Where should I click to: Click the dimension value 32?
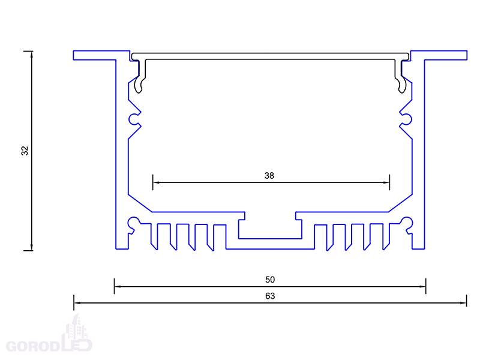(x=25, y=151)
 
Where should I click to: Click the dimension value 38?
(x=269, y=175)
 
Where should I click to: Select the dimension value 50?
(x=269, y=280)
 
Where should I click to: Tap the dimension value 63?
(x=269, y=296)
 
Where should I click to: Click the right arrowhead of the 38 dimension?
(x=386, y=183)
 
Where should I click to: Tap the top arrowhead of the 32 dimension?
(x=32, y=55)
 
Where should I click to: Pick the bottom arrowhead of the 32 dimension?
(x=32, y=247)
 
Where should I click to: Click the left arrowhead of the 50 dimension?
(x=118, y=287)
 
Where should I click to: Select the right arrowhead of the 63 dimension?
(x=463, y=303)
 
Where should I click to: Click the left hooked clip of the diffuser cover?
(x=140, y=76)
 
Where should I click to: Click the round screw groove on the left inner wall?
(x=134, y=119)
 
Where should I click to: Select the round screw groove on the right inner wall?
(x=406, y=119)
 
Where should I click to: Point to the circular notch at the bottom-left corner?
(x=133, y=223)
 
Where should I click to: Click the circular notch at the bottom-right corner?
(x=407, y=223)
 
